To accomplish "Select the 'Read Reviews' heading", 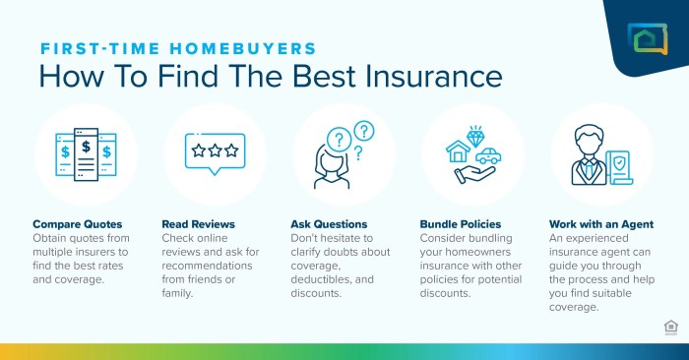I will pos(200,224).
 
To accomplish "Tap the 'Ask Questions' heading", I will pos(330,224).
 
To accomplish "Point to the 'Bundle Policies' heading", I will pos(462,224).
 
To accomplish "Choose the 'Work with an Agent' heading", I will pos(600,224).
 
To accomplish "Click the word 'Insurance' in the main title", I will pos(428,76).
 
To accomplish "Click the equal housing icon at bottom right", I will pos(670,328).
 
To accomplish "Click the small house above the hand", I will pos(458,151).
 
